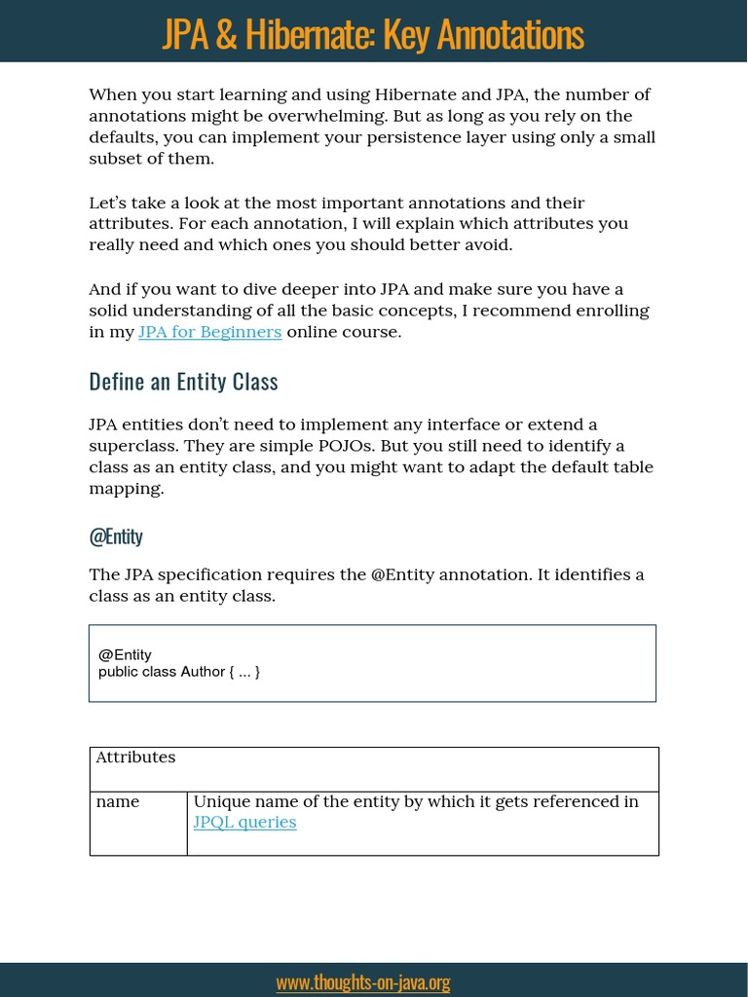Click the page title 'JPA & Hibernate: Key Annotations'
tap(373, 34)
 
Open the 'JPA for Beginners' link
tap(209, 332)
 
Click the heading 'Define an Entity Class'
tap(183, 382)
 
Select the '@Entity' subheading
tap(116, 536)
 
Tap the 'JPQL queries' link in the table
tap(244, 823)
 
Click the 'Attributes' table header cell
tap(135, 757)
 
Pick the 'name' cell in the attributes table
tap(118, 802)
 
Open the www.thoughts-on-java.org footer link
tap(363, 982)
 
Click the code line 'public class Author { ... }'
tap(179, 671)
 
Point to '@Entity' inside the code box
tap(125, 654)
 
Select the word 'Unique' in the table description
tap(220, 802)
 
